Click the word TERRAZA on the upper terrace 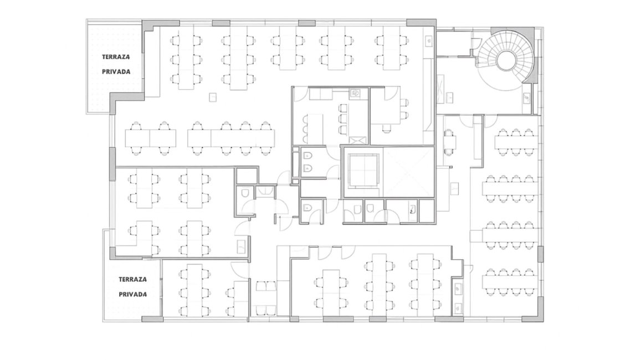pos(116,57)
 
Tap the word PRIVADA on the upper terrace pos(116,71)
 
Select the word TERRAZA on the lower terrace pos(133,280)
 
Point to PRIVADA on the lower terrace pos(133,294)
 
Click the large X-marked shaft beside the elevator pos(408,172)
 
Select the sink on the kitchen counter pos(355,94)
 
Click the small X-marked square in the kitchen pos(356,140)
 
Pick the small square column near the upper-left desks pos(213,97)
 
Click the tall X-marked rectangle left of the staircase pos(440,88)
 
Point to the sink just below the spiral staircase pos(527,97)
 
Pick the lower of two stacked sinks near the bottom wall pos(458,306)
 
